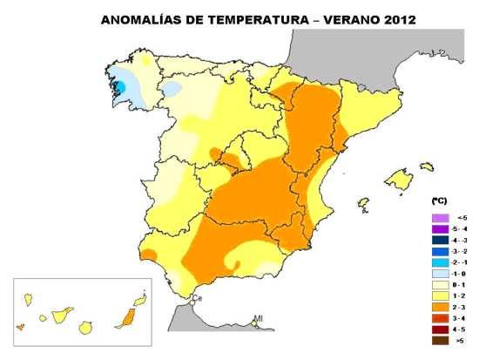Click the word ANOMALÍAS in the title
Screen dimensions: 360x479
coord(142,17)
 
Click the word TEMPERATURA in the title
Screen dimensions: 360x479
coord(245,17)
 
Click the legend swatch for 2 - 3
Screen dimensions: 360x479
coord(441,308)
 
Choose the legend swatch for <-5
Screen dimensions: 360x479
coord(441,217)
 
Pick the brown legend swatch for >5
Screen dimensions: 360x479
coord(441,342)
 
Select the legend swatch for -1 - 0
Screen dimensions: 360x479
coord(441,274)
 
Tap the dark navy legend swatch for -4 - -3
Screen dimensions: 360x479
coord(441,240)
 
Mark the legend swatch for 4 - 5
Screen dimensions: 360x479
coord(441,330)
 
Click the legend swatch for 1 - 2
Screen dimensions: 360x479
coord(441,296)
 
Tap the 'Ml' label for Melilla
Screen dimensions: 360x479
coord(258,319)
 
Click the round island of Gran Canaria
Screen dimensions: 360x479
coord(86,328)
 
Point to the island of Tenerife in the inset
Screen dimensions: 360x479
coord(62,312)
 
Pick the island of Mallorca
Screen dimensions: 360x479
coord(399,180)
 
